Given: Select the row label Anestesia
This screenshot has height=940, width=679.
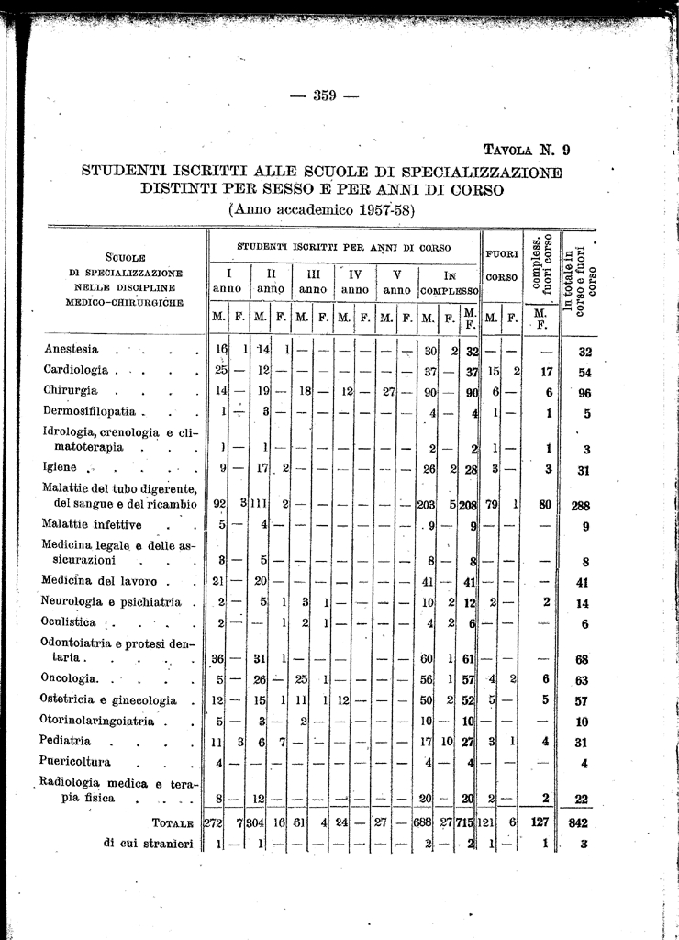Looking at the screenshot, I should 72,350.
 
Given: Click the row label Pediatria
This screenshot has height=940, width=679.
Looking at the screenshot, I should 67,740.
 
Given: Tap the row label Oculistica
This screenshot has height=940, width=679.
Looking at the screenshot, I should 70,623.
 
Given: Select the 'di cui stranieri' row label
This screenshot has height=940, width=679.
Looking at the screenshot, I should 148,845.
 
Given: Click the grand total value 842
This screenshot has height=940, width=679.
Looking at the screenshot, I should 578,824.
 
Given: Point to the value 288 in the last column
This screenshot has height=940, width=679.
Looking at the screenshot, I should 579,504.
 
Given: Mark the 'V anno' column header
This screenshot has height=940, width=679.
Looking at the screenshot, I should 396,282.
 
